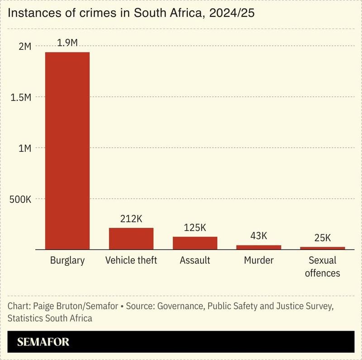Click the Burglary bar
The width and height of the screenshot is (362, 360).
tap(67, 151)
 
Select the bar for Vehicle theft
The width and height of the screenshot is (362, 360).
tap(131, 239)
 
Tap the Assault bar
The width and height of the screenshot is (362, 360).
tap(195, 243)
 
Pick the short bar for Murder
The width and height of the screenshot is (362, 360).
tap(259, 247)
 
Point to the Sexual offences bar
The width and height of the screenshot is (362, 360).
tap(323, 248)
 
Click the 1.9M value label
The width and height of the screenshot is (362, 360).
tap(67, 43)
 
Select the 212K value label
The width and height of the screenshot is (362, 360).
tap(131, 219)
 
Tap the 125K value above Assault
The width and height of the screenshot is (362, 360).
tap(195, 228)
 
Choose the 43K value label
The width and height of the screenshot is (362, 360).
tap(259, 236)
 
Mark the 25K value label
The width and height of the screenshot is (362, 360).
tap(323, 238)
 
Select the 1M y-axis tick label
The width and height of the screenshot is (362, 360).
tap(24, 148)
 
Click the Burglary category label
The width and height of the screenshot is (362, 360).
tap(67, 261)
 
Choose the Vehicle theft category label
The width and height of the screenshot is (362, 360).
tap(131, 261)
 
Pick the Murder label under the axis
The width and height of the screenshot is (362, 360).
tap(259, 261)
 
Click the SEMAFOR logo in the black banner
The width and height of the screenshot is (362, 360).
tap(43, 342)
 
